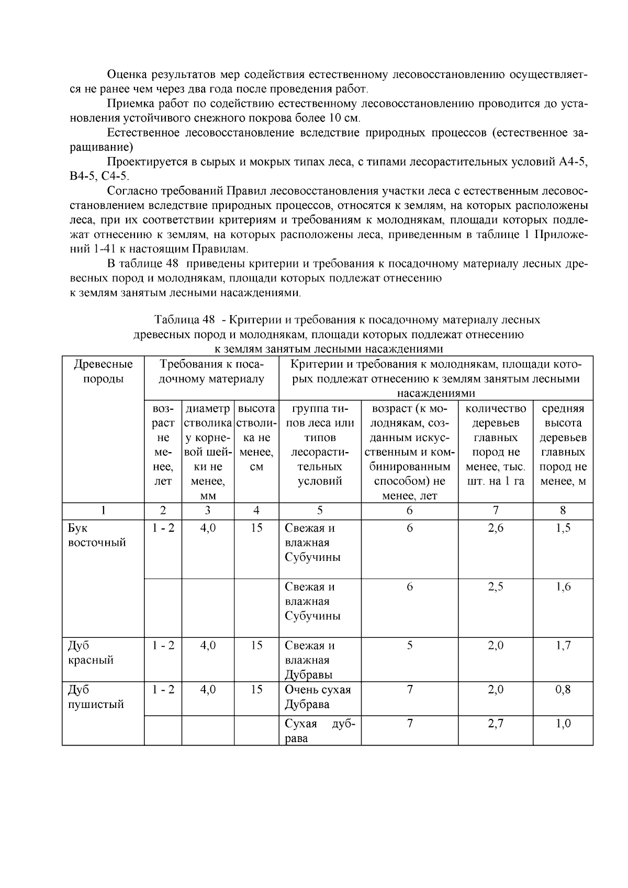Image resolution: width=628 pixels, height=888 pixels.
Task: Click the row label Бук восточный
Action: (97, 535)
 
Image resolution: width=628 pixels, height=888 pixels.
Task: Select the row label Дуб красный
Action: (91, 653)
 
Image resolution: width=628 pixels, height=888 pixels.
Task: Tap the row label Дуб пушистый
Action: (96, 697)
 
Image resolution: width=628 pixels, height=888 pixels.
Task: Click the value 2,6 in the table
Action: (496, 528)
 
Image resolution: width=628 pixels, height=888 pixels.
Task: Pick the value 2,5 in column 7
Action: (496, 587)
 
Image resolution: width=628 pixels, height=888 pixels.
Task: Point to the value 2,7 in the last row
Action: (496, 724)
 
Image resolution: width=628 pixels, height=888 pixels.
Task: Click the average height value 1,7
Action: (563, 645)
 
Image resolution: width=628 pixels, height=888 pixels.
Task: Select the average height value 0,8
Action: (563, 690)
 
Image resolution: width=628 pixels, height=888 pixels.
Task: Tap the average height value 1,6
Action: (563, 587)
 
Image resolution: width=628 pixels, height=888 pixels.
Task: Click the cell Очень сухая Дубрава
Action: (318, 697)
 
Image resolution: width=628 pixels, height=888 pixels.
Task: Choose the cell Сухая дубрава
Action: (320, 731)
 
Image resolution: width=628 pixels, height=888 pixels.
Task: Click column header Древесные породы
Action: (103, 372)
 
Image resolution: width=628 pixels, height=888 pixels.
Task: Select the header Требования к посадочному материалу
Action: (211, 372)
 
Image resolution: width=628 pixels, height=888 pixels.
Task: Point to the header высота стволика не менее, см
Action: (256, 437)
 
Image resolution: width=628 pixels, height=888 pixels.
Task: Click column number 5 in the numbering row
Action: (320, 511)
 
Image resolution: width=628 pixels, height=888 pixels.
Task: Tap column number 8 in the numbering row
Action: (563, 511)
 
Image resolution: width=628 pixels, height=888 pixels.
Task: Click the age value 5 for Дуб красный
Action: (409, 645)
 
